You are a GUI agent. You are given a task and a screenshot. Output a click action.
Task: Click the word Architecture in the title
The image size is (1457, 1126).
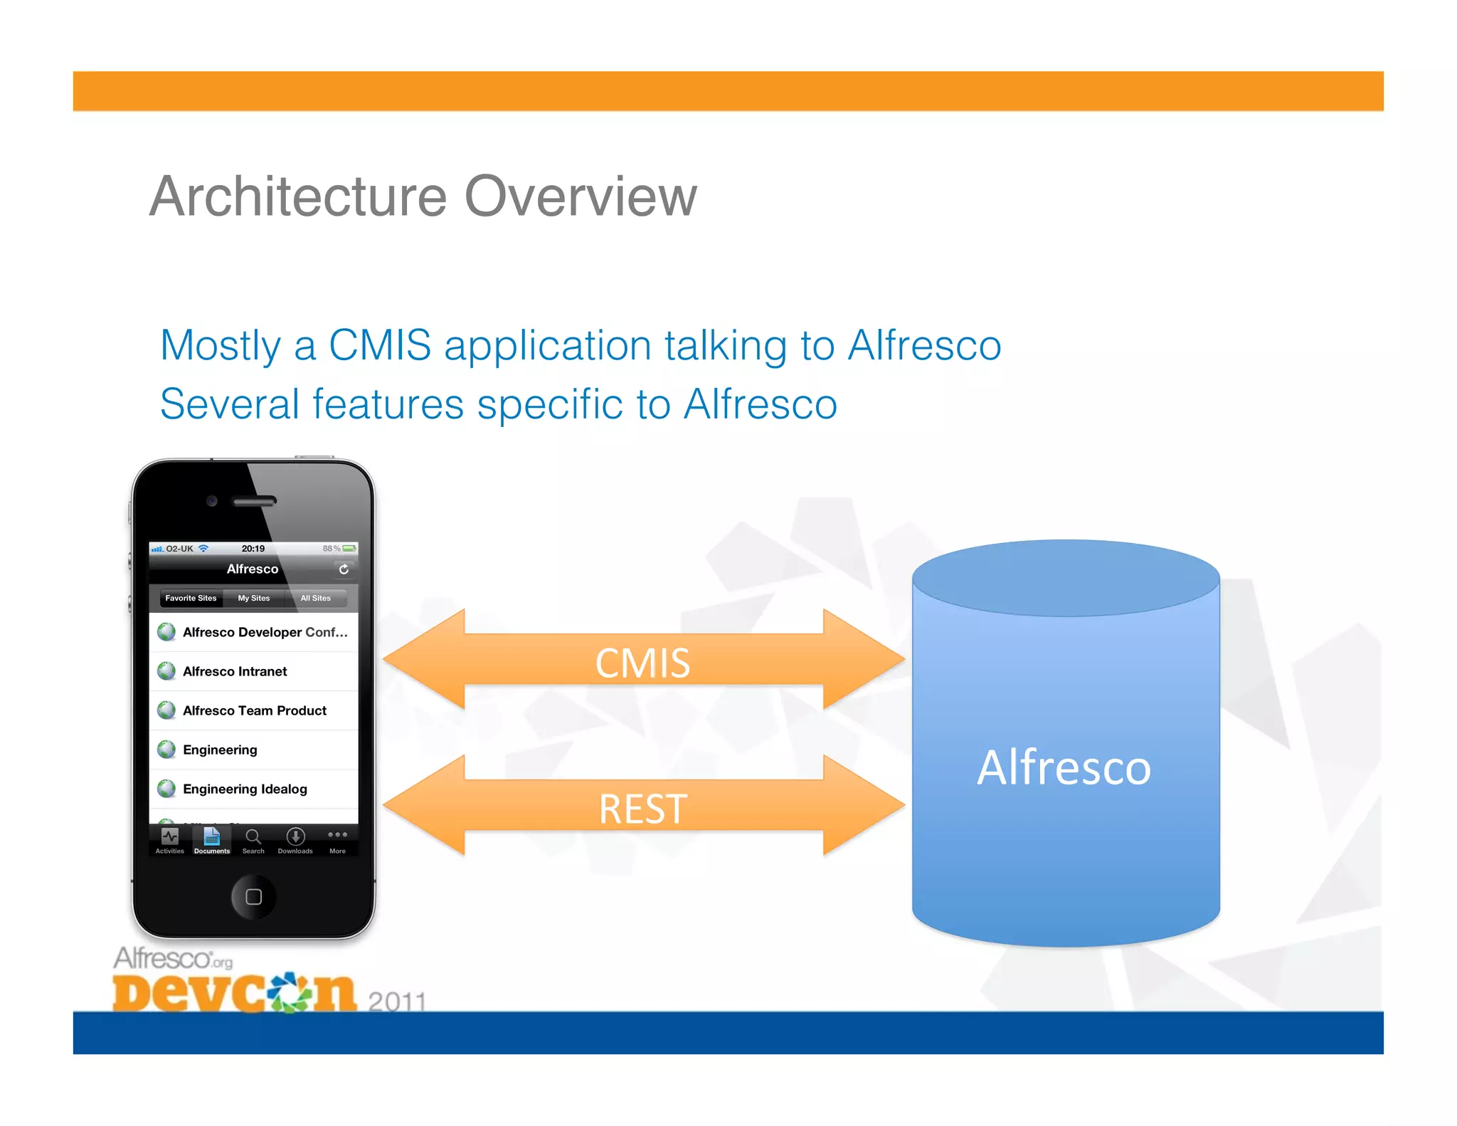pyautogui.click(x=298, y=196)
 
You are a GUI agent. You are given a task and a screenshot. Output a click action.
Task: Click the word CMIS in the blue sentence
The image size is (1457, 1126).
pyautogui.click(x=379, y=346)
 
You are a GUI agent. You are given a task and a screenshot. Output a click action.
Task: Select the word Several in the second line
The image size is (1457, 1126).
pyautogui.click(x=228, y=405)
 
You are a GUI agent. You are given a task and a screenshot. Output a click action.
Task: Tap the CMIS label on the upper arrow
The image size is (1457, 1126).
pyautogui.click(x=642, y=663)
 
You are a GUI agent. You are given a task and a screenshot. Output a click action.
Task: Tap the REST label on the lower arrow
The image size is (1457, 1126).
pyautogui.click(x=642, y=809)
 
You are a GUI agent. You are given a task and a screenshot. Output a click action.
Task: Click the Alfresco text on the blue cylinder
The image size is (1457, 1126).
pyautogui.click(x=1064, y=768)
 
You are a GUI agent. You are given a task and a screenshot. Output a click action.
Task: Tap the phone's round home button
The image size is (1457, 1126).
pyautogui.click(x=253, y=897)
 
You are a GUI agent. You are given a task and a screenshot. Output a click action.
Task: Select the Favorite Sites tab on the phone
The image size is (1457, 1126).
pyautogui.click(x=191, y=599)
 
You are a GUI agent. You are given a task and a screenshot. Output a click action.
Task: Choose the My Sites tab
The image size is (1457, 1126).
pyautogui.click(x=254, y=599)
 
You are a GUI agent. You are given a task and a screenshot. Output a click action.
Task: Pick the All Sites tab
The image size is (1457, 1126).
pyautogui.click(x=315, y=599)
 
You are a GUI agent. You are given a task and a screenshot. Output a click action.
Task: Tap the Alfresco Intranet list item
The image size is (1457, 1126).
pyautogui.click(x=235, y=671)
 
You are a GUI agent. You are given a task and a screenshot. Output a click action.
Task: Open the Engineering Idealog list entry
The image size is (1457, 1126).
pyautogui.click(x=245, y=789)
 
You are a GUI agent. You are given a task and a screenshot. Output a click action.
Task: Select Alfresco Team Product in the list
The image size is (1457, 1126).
pyautogui.click(x=254, y=710)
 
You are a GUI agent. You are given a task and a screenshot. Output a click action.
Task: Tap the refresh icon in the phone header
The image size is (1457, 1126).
pyautogui.click(x=344, y=569)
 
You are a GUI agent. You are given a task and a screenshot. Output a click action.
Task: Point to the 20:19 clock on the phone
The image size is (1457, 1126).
pyautogui.click(x=253, y=549)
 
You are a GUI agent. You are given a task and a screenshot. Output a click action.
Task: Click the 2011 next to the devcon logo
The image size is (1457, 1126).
pyautogui.click(x=397, y=1001)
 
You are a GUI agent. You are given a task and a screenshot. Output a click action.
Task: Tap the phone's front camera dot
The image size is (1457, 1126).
pyautogui.click(x=211, y=501)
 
